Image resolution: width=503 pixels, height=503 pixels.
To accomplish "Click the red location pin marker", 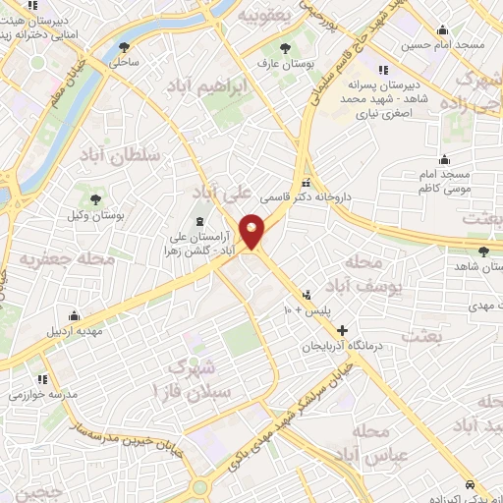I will click(x=252, y=230).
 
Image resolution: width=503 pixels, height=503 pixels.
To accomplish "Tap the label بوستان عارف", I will click(x=285, y=65).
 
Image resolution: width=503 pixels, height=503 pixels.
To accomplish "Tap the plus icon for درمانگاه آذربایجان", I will click(x=342, y=330).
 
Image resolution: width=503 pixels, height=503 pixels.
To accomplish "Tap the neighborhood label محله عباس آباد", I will click(x=363, y=444).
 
